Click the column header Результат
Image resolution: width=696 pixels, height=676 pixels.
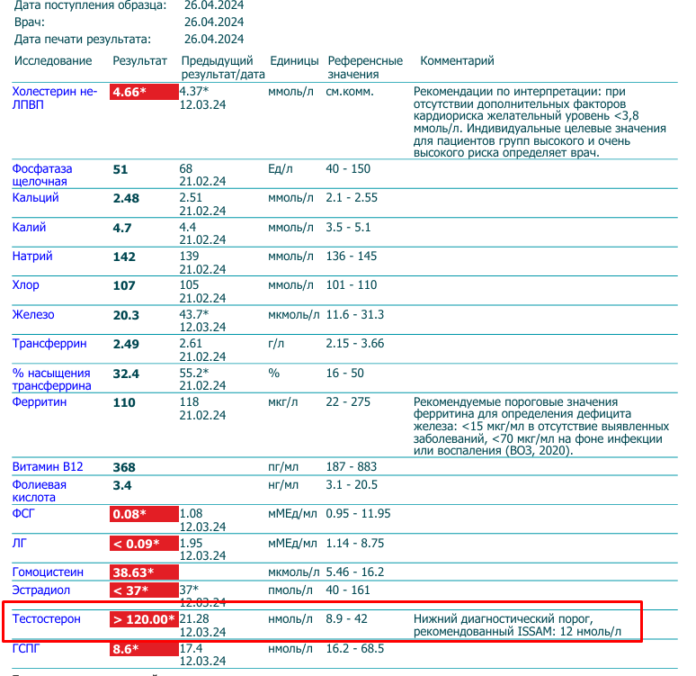139,61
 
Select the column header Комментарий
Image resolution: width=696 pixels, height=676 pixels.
457,61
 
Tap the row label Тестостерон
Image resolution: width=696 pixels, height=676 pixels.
46,619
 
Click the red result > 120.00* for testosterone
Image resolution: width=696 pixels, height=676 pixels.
143,619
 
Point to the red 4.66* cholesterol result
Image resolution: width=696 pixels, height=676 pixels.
129,92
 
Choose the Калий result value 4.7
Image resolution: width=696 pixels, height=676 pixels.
122,228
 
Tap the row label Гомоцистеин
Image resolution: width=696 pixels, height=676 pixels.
48,572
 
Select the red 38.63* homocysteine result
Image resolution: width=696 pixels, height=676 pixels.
132,572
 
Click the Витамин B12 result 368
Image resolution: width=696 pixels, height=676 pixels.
124,467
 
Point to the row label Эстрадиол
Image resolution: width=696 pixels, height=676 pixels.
40,590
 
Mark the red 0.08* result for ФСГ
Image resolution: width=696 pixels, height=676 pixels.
129,514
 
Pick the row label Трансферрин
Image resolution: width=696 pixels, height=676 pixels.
49,344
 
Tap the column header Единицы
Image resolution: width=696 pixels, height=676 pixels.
294,61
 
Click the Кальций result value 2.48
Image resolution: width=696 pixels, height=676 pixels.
126,199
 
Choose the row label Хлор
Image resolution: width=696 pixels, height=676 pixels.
26,285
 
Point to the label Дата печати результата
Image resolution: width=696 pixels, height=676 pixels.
83,40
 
